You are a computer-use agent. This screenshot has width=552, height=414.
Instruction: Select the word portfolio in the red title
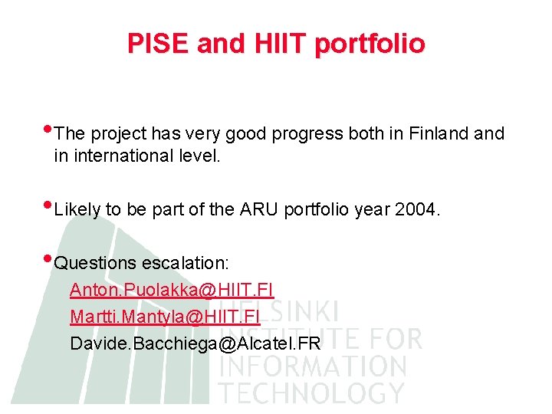[x=370, y=44]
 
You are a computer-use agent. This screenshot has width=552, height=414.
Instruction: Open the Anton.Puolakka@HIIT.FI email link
[x=172, y=290]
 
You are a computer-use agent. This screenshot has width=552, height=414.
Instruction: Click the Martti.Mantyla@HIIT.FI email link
[x=165, y=316]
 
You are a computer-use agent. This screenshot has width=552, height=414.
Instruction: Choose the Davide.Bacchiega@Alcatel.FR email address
[x=195, y=343]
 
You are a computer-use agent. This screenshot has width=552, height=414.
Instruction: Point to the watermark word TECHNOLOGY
[x=311, y=393]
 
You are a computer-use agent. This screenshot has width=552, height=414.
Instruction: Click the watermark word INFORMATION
[x=313, y=366]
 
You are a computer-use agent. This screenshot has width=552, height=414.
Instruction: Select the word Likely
[x=77, y=210]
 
